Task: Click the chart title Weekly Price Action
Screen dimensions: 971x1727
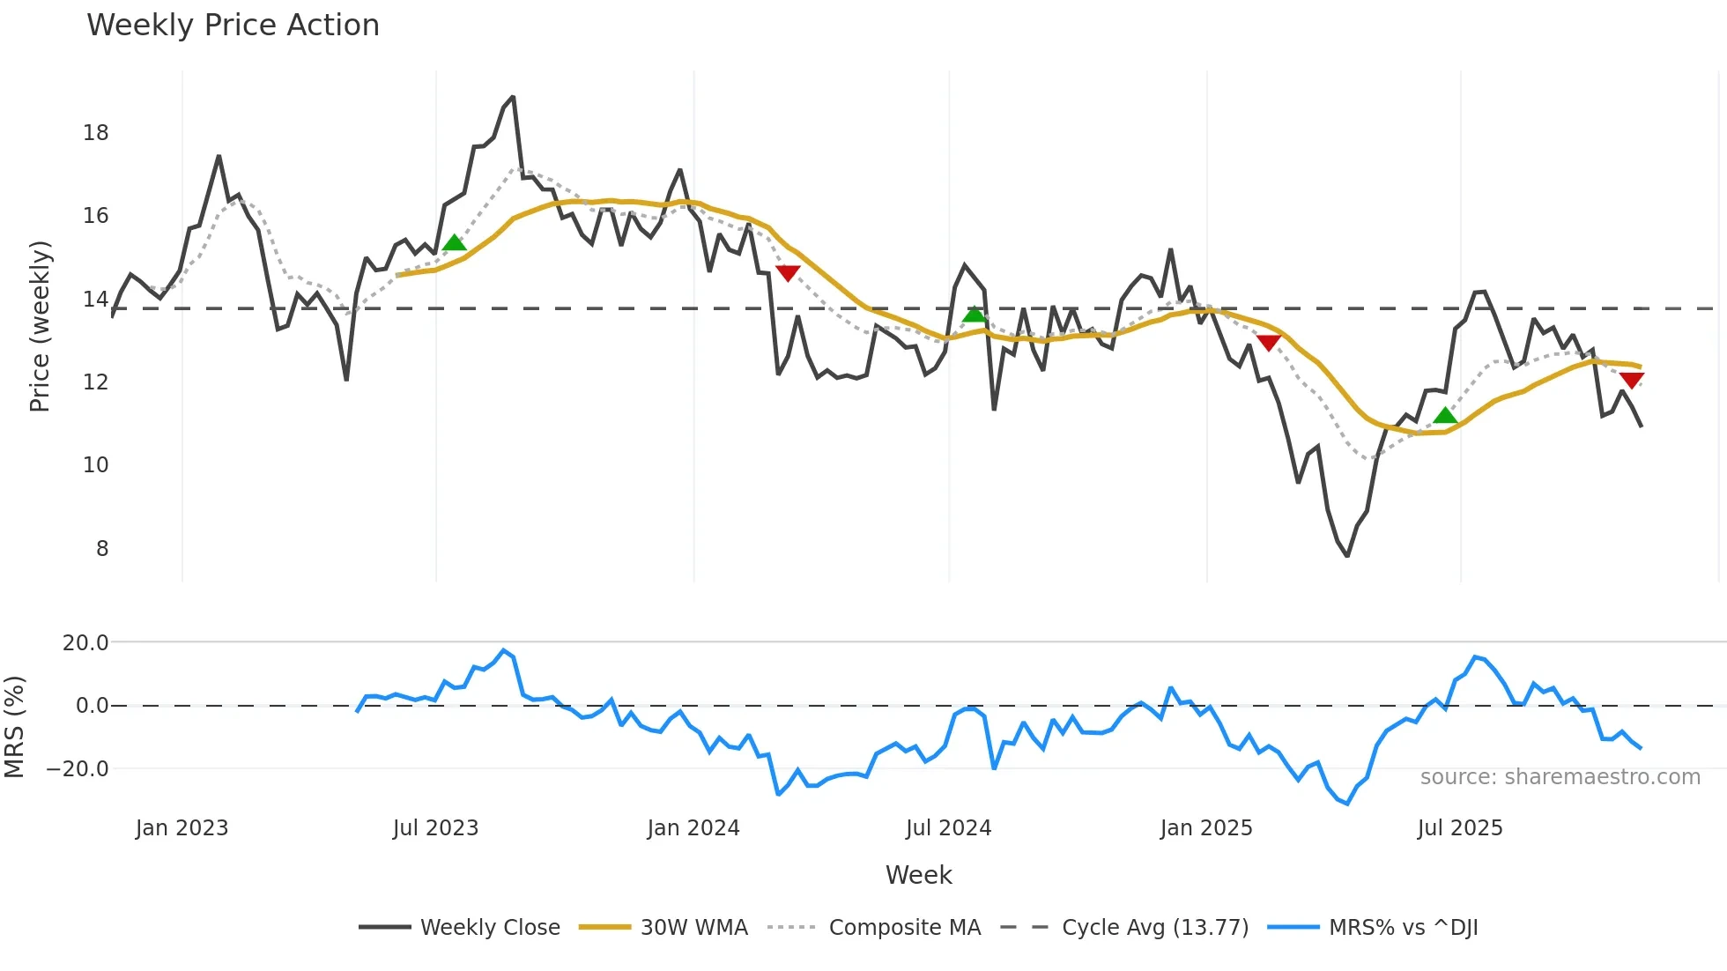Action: click(x=233, y=26)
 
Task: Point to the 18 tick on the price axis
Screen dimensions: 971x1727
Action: click(x=96, y=133)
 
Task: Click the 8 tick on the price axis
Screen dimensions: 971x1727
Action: click(x=102, y=548)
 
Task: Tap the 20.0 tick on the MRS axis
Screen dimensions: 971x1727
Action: click(x=85, y=643)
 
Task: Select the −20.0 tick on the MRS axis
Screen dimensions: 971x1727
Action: click(x=78, y=769)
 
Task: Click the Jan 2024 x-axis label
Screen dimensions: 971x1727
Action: click(x=693, y=828)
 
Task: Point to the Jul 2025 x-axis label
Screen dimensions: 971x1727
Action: click(x=1460, y=828)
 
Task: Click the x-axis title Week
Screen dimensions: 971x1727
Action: click(x=918, y=875)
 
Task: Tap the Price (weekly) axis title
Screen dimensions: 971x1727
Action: click(x=41, y=326)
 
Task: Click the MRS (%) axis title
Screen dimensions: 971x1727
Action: click(x=14, y=727)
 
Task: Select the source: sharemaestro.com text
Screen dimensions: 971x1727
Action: click(x=1560, y=777)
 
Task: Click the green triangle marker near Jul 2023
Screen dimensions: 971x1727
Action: click(x=454, y=242)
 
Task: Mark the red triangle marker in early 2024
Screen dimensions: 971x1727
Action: click(x=788, y=273)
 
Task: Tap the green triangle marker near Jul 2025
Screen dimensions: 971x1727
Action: click(x=1445, y=415)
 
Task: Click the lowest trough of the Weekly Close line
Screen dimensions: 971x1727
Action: click(x=1347, y=556)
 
